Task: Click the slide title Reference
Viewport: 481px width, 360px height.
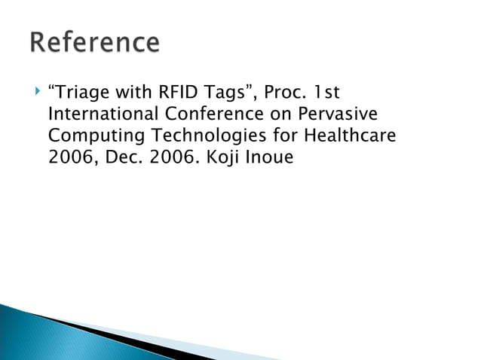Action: point(95,42)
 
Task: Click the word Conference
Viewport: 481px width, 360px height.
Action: point(209,115)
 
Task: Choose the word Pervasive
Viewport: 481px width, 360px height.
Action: point(332,115)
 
